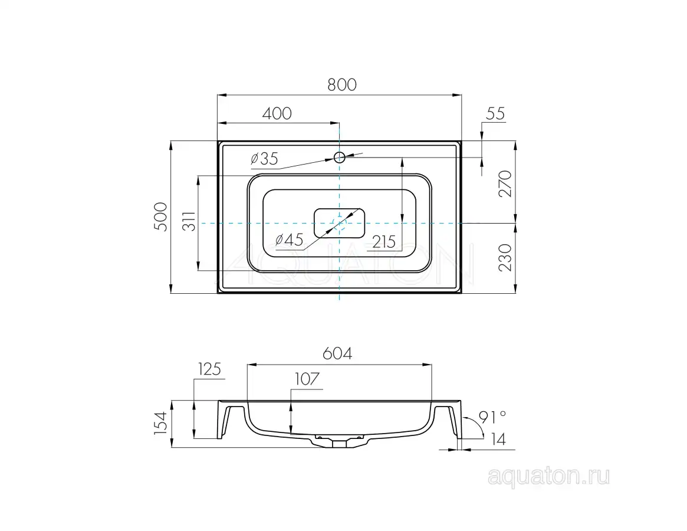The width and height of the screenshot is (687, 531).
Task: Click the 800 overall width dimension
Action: (x=342, y=84)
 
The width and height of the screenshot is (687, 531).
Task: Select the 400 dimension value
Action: (x=277, y=113)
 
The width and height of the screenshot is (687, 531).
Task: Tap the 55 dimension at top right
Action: (x=495, y=113)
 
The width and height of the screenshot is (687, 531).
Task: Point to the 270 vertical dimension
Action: (x=505, y=183)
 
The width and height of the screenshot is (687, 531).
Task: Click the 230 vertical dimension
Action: (x=505, y=257)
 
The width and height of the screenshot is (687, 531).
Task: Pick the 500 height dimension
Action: (x=161, y=217)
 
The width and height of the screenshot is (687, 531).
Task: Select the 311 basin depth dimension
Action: (x=189, y=221)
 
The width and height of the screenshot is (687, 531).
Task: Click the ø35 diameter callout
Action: (x=264, y=158)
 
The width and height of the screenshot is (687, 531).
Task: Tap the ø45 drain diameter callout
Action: (x=289, y=240)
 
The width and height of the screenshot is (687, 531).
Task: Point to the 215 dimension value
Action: (x=384, y=241)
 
